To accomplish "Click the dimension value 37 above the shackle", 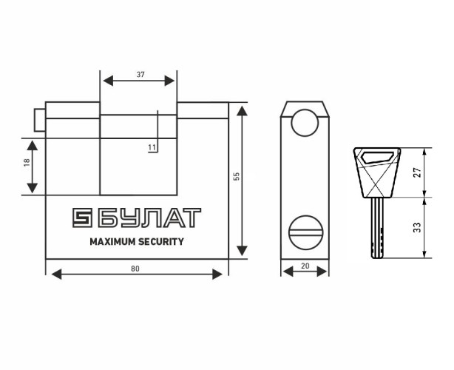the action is (140, 75).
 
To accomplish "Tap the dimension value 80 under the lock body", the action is (135, 269).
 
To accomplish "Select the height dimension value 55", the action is (237, 176).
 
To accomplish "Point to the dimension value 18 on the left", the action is (27, 163).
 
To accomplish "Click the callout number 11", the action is (152, 148).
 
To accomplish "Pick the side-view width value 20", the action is (305, 266).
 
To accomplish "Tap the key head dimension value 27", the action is (417, 172).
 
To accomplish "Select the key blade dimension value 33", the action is (417, 227).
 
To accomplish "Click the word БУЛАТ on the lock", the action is (149, 218).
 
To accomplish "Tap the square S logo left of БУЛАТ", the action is (82, 218).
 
